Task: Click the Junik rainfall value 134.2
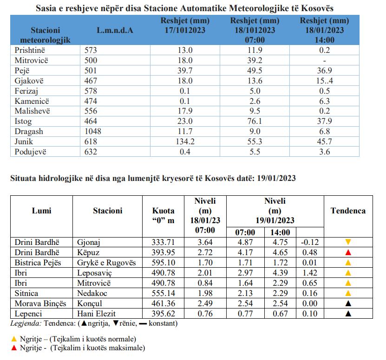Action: (x=185, y=141)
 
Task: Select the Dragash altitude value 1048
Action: (x=93, y=131)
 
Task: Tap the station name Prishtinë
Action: (x=30, y=50)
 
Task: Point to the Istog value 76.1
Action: (x=255, y=121)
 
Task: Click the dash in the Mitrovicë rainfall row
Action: (x=325, y=61)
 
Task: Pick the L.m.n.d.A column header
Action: (x=115, y=30)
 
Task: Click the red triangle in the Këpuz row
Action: (x=348, y=252)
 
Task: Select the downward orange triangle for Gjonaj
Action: (x=348, y=242)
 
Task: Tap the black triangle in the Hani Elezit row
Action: (x=348, y=314)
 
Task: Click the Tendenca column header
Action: (x=348, y=211)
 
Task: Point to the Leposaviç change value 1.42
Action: (x=310, y=273)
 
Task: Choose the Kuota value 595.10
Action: (x=163, y=263)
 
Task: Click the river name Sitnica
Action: (x=26, y=293)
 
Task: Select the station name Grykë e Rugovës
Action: (x=106, y=263)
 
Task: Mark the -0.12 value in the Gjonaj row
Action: (x=310, y=242)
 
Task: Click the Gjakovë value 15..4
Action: (x=325, y=81)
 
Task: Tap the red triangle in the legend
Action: (x=14, y=347)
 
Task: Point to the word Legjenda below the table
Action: (x=26, y=323)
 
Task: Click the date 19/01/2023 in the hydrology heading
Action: (x=276, y=178)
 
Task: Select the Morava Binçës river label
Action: (x=40, y=303)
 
